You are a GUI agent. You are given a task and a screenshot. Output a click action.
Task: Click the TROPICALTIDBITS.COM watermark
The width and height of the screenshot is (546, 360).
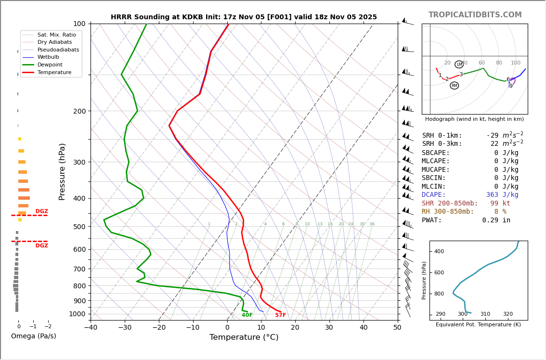click(x=475, y=15)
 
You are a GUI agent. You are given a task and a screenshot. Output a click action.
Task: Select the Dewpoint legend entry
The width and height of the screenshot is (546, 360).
click(x=50, y=64)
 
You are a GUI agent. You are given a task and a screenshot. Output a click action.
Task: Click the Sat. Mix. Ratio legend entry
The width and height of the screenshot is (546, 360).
click(x=56, y=35)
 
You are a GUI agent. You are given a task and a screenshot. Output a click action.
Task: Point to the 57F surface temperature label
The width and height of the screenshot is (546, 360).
click(x=280, y=315)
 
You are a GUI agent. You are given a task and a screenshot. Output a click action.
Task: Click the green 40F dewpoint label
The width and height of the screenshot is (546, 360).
click(x=247, y=315)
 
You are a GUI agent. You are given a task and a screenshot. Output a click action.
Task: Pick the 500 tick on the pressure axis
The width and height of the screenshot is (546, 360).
click(x=79, y=227)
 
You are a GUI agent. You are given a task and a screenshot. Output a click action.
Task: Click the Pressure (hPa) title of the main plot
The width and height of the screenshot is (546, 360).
click(x=62, y=171)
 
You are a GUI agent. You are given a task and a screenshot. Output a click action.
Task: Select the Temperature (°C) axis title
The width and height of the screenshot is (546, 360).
click(x=244, y=337)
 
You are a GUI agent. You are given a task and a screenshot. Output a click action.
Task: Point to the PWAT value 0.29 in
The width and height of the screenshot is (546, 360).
click(x=496, y=220)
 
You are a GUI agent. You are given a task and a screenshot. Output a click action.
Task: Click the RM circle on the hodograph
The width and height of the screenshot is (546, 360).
click(x=454, y=86)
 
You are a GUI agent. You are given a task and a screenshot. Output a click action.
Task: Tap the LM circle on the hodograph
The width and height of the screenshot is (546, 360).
click(x=459, y=64)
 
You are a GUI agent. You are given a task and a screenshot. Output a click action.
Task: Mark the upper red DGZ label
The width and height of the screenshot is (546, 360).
click(x=42, y=211)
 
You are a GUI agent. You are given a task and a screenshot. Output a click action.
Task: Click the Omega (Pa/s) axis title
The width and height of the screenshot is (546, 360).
click(x=33, y=336)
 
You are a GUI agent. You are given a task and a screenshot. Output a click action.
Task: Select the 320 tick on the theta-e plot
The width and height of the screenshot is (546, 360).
click(x=507, y=314)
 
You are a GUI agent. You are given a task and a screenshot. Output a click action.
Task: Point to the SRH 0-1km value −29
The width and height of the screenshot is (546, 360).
click(x=494, y=136)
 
